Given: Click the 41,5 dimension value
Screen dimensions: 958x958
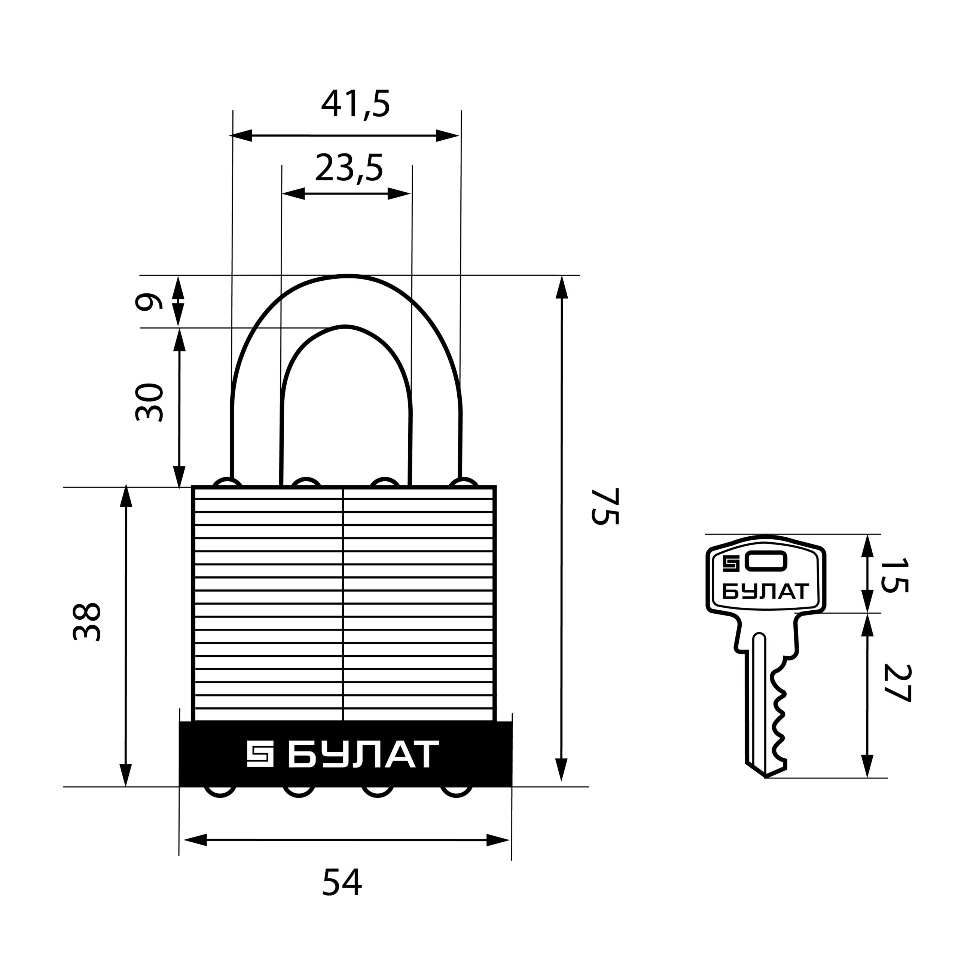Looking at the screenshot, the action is pyautogui.click(x=356, y=104).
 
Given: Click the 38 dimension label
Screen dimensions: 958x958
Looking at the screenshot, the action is pyautogui.click(x=87, y=622).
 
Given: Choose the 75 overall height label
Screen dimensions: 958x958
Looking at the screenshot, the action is pyautogui.click(x=605, y=506).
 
